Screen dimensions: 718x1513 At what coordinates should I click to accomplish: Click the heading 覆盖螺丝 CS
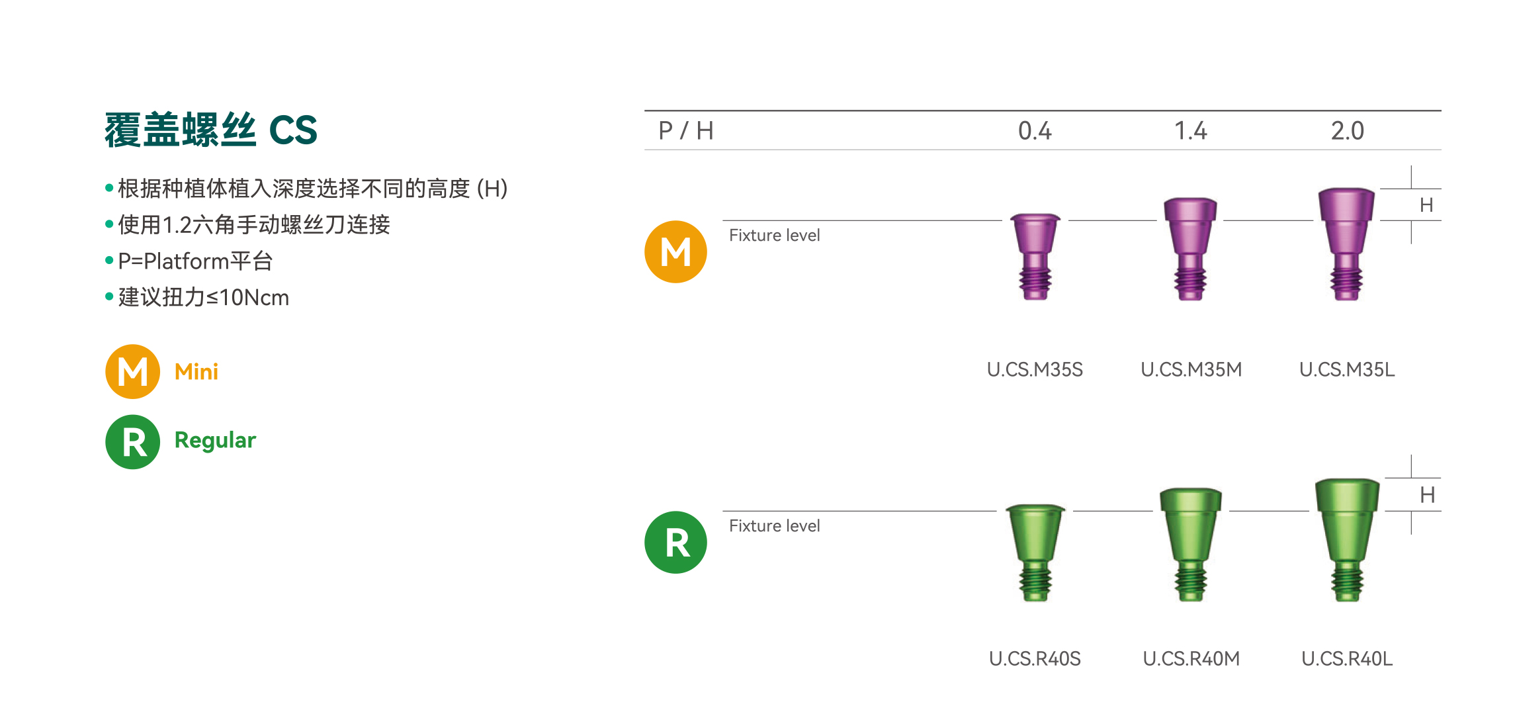tap(211, 130)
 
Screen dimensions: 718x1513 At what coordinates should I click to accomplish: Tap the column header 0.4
tap(1035, 131)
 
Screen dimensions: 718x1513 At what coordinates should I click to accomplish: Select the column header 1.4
tap(1190, 131)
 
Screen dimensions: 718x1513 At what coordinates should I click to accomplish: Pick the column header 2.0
tap(1347, 131)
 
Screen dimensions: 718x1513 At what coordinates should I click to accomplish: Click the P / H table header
tap(685, 131)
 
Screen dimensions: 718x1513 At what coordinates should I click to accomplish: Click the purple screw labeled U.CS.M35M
tap(1190, 248)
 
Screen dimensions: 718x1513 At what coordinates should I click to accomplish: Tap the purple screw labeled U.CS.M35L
tap(1346, 243)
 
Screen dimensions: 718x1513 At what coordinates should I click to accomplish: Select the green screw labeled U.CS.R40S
tap(1035, 552)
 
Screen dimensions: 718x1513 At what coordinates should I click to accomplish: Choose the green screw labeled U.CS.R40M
tap(1190, 544)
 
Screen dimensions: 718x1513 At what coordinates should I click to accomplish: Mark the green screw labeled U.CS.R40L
tap(1347, 539)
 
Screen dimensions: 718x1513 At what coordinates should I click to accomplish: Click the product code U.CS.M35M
tap(1191, 369)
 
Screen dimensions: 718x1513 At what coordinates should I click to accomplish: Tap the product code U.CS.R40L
tap(1347, 659)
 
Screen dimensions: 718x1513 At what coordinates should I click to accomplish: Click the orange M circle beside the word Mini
tap(133, 371)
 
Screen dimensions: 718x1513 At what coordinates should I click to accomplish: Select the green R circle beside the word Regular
tap(133, 441)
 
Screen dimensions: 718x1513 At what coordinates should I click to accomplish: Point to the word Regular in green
tap(215, 440)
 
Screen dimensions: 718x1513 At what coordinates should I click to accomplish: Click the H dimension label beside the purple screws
tap(1426, 205)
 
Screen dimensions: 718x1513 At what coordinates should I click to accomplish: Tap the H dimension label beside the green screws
tap(1427, 495)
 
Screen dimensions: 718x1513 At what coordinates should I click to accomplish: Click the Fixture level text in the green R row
tap(774, 526)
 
